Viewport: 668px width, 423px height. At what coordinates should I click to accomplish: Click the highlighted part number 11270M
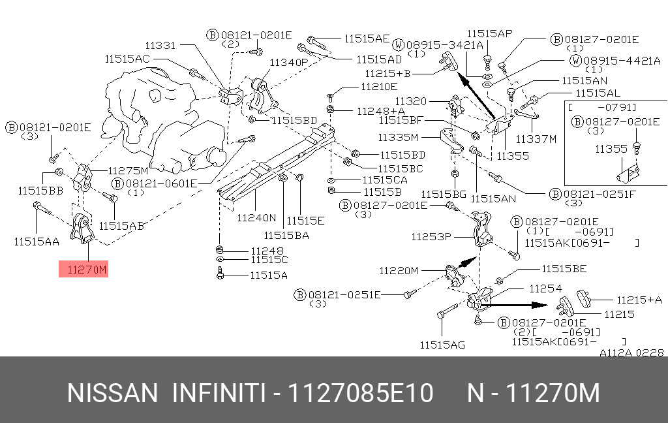coord(87,270)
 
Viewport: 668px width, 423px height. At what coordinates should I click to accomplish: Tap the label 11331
coord(160,45)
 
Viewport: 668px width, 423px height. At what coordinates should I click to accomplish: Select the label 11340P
coord(288,62)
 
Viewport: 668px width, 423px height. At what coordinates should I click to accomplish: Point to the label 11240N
coord(256,217)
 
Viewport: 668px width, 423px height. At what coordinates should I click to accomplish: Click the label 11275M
coord(129,170)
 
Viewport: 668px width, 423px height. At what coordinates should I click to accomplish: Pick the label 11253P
coord(431,236)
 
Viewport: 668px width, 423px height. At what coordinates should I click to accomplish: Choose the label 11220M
coord(399,270)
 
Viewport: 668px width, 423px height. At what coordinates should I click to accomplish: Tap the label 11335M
coord(398,137)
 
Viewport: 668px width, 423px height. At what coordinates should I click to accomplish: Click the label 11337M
coord(536,139)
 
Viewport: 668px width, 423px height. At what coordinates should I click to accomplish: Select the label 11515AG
coord(442,345)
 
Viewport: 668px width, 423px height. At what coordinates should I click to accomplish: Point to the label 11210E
coord(379,87)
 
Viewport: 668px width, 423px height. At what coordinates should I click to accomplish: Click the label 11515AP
coord(489,33)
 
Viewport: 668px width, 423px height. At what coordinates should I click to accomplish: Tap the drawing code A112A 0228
coord(631,352)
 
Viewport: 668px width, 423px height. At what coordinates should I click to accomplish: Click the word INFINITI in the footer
coord(220,393)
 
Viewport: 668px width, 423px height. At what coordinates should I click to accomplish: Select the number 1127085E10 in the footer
coord(361,393)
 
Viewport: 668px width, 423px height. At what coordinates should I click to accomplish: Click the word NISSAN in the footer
coord(112,393)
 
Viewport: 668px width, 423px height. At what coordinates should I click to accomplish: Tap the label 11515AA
coord(37,242)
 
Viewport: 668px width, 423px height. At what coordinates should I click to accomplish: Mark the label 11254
coord(545,289)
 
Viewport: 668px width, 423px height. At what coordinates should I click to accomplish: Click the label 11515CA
coord(385,180)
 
